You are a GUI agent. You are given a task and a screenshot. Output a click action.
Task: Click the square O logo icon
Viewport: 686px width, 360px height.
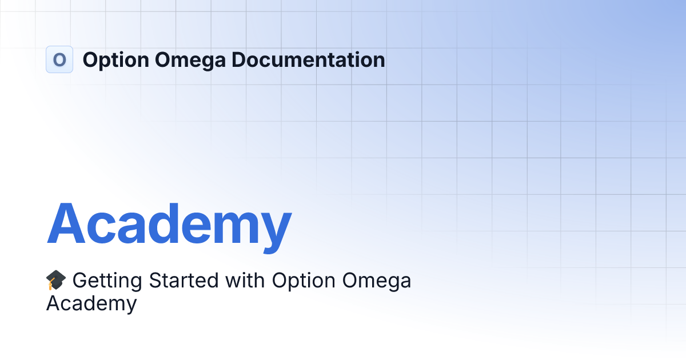[x=59, y=59]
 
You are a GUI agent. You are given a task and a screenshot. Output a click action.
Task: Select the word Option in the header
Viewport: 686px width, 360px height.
[x=112, y=59]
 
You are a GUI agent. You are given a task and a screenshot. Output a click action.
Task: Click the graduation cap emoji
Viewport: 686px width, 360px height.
[x=56, y=281]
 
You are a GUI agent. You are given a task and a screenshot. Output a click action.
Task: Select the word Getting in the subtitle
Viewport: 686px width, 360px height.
[x=106, y=281]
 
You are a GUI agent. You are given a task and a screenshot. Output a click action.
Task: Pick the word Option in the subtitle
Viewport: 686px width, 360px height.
[x=304, y=281]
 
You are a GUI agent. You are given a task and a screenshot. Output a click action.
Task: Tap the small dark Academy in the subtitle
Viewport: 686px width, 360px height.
[x=91, y=304]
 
